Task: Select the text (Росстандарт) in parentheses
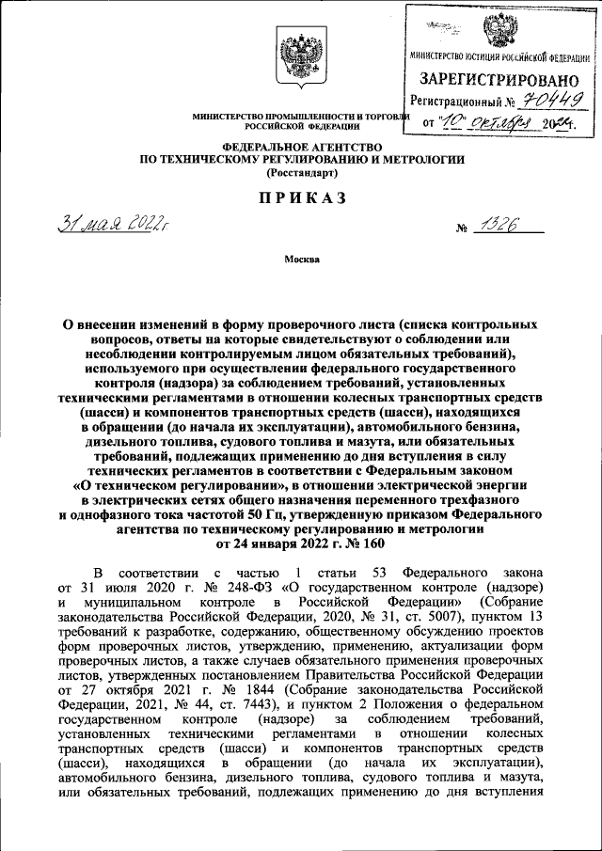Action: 300,173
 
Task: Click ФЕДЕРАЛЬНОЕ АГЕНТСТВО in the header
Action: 300,147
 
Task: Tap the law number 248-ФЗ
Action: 228,586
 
